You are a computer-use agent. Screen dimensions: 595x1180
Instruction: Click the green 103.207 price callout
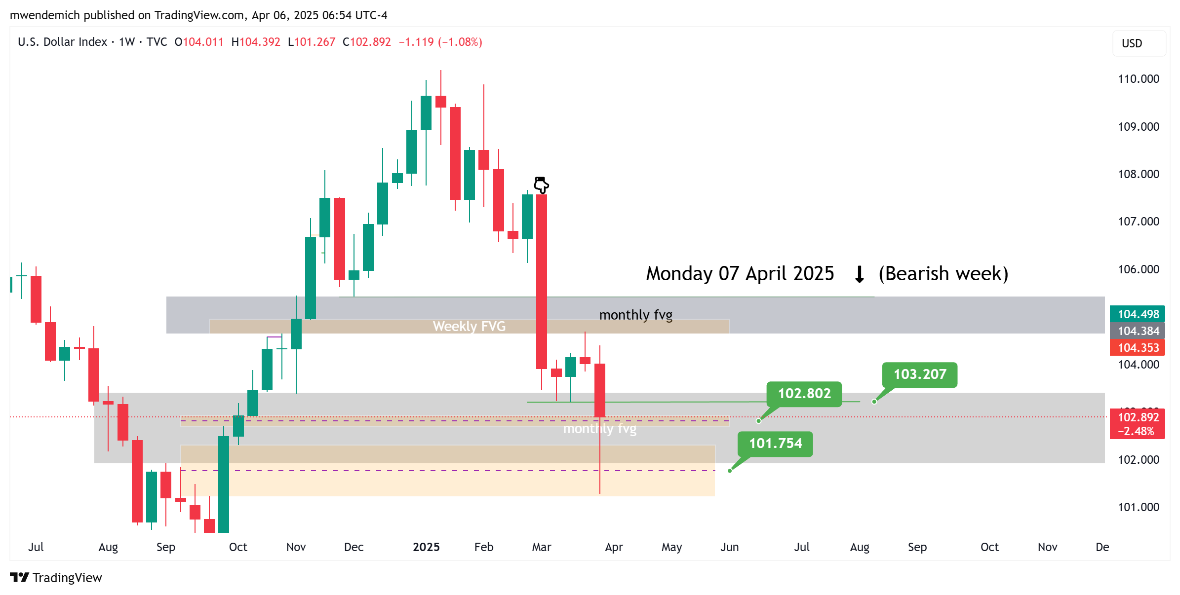point(919,374)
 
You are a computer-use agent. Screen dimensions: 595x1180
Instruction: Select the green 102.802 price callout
point(804,394)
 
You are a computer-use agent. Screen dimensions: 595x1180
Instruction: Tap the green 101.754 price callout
point(775,444)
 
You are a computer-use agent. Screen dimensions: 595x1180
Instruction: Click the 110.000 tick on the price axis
point(1138,79)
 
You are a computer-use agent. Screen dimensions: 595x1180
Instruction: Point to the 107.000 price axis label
point(1138,222)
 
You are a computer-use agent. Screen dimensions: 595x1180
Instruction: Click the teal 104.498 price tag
point(1138,314)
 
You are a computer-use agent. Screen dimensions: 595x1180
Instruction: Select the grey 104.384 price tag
point(1138,331)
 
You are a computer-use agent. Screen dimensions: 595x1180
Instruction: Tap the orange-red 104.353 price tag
point(1138,348)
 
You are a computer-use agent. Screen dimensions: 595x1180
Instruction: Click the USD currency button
point(1132,43)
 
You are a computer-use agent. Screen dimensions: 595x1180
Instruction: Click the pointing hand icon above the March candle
point(541,185)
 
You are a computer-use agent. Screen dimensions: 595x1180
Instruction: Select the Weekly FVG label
point(469,326)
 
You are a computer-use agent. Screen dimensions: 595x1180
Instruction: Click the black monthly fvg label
point(635,315)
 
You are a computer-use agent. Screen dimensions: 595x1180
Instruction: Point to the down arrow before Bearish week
point(859,274)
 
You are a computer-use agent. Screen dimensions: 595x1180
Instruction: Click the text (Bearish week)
point(943,274)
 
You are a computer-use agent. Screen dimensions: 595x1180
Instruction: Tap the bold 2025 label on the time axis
point(426,547)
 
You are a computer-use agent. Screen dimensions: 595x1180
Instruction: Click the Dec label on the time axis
point(354,547)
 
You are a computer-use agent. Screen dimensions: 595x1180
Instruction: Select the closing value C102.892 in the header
point(366,42)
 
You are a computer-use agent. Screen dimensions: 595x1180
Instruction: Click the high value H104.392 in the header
point(256,42)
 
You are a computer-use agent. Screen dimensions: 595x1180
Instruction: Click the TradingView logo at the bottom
point(56,578)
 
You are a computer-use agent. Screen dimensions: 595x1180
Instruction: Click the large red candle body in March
point(541,281)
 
